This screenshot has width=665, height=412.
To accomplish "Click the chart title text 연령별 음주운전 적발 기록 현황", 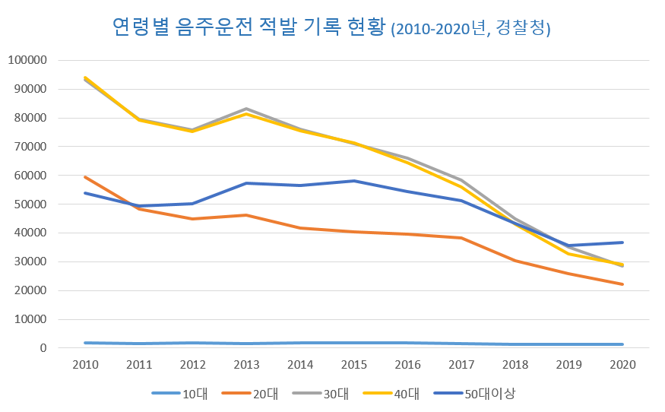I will (249, 28).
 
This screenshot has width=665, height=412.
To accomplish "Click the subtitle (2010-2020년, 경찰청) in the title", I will (470, 30).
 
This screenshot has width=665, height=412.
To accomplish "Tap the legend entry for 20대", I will (247, 393).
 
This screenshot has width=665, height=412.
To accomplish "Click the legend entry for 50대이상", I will (475, 393).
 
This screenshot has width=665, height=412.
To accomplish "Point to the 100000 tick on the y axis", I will (27, 60).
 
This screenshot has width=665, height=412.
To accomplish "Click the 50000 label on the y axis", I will (30, 204).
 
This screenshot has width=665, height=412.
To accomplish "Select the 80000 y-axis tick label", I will (30, 118).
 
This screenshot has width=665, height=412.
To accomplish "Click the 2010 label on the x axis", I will (84, 365).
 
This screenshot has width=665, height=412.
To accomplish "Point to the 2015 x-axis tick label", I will (353, 365).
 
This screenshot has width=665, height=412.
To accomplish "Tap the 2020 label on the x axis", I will (622, 365).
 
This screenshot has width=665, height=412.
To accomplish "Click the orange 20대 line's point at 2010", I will (84, 177).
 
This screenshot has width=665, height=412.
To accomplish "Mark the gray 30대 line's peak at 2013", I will (245, 109).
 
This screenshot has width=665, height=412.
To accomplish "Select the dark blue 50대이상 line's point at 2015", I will (353, 181).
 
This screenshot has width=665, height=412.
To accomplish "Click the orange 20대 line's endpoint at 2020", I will (622, 284).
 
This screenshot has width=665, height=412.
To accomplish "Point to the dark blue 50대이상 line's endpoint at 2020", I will (622, 242).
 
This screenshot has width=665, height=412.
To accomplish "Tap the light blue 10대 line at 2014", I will (299, 343).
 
